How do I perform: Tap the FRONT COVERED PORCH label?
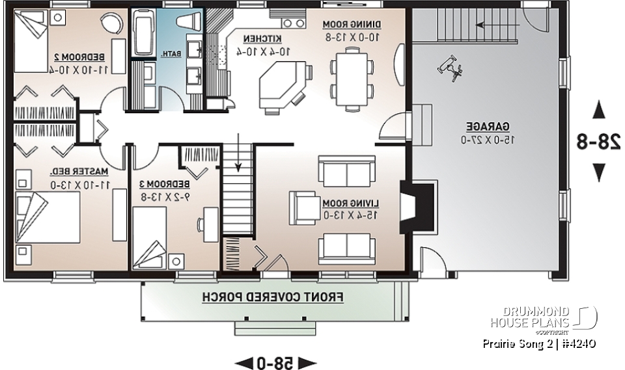pos(273,297)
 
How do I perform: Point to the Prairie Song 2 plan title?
pos(537,343)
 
